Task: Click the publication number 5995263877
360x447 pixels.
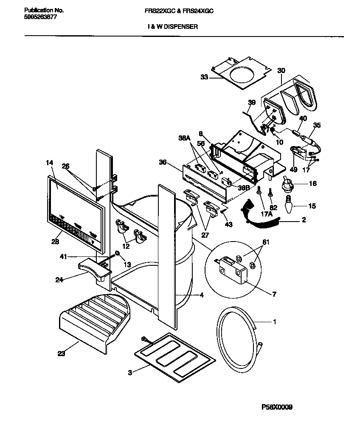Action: [39, 17]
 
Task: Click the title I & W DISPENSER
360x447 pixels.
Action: [172, 26]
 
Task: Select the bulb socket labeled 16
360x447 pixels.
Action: [289, 185]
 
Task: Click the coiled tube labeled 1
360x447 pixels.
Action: [238, 340]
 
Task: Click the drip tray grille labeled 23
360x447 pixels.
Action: [96, 320]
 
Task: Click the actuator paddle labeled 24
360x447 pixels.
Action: [94, 269]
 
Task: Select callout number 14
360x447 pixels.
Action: [50, 162]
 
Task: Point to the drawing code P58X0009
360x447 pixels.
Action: [277, 408]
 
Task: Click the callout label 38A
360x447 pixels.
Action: [184, 138]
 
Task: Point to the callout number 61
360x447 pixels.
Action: [266, 242]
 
